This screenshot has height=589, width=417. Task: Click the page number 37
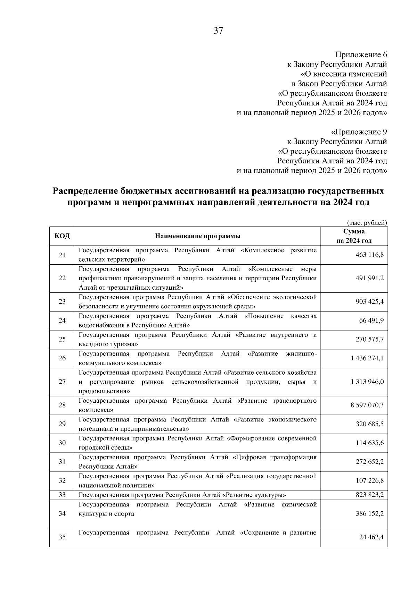point(218,31)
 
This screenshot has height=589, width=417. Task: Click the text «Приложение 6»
point(361,55)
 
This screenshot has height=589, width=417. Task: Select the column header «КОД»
point(62,236)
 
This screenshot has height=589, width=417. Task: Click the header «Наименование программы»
point(198,236)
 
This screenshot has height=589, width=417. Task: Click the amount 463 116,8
point(369,255)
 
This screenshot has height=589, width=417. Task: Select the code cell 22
point(62,278)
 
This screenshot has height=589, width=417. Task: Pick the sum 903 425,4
point(369,302)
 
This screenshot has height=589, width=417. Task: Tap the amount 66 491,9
point(371,321)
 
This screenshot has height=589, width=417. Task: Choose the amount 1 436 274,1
point(367,358)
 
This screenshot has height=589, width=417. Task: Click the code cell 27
point(62,382)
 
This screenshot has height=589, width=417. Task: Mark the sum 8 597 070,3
point(367,405)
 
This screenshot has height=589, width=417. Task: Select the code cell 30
point(62,443)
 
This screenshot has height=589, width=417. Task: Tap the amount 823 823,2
point(369,495)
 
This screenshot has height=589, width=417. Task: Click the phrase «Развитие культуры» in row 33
point(255,495)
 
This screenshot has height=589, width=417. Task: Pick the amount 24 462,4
point(371,537)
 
